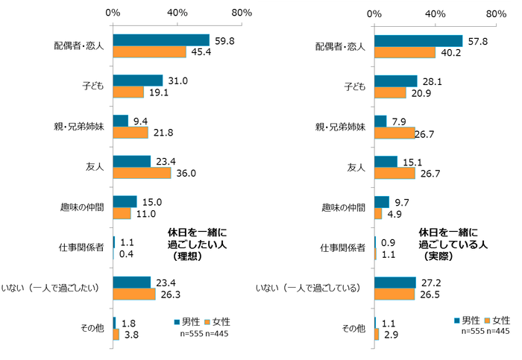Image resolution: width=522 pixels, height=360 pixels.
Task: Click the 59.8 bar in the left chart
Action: point(160,40)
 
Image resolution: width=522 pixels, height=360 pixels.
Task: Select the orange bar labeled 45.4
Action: point(149,51)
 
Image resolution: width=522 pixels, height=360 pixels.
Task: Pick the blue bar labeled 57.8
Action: point(418,41)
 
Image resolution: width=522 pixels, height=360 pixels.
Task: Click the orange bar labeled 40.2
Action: point(405,52)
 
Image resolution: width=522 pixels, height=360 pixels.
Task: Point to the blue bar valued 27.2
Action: point(395,282)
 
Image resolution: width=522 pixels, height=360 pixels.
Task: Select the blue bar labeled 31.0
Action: point(137,80)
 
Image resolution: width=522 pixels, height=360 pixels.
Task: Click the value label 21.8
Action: point(163,132)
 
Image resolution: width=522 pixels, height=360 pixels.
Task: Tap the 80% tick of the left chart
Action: point(242,13)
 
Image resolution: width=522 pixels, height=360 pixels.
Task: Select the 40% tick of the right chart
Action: point(435,13)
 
